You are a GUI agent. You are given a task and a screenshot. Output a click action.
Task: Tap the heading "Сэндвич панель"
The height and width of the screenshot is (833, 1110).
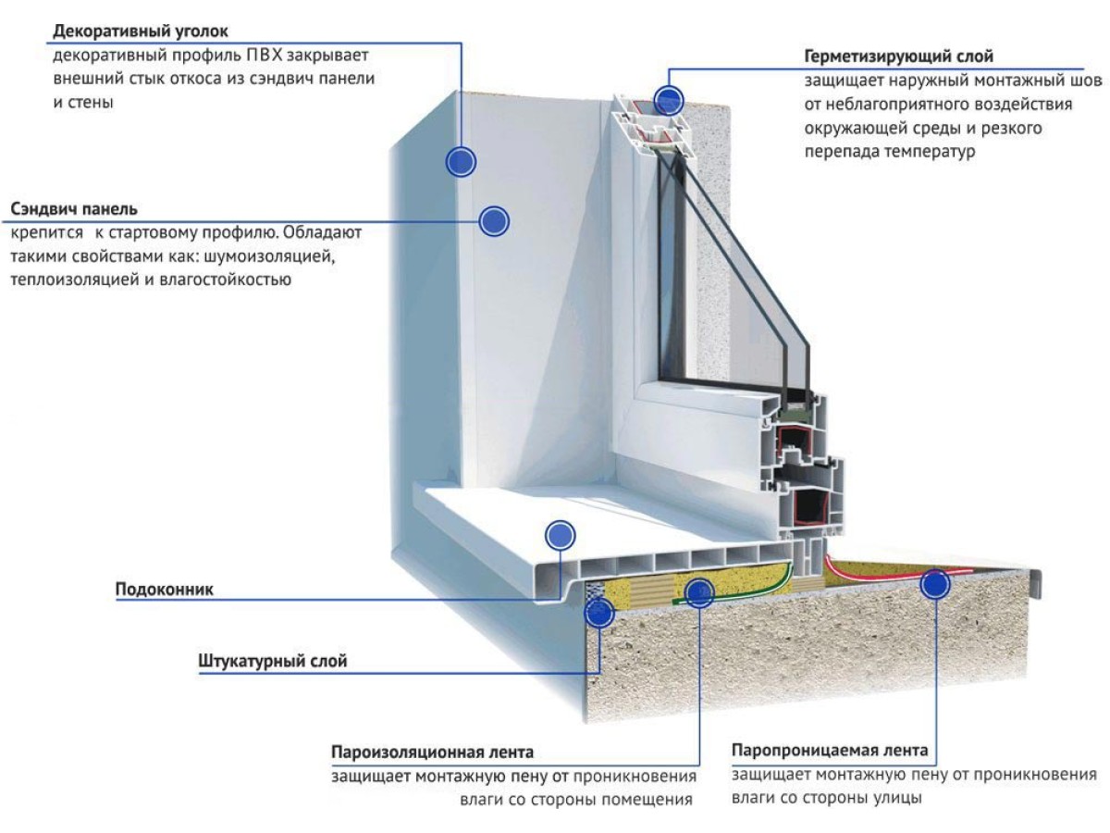tap(75, 208)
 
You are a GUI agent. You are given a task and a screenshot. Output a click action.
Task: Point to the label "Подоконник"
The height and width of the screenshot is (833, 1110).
tap(165, 589)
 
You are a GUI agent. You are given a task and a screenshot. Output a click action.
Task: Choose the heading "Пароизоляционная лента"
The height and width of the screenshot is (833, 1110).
tap(432, 752)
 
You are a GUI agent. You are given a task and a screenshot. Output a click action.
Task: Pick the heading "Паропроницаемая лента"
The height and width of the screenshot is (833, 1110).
tap(829, 750)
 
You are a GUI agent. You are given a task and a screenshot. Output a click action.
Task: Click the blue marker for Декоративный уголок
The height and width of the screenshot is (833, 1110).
tap(461, 162)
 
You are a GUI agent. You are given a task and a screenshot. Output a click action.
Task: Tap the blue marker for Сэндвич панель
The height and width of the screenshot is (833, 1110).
tap(494, 220)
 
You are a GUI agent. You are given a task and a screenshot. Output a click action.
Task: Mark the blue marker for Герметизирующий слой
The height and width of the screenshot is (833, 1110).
tap(667, 99)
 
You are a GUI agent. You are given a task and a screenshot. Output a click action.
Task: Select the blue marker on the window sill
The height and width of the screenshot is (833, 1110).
tap(560, 534)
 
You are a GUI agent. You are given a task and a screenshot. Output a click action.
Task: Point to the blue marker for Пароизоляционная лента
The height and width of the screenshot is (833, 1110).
tap(699, 591)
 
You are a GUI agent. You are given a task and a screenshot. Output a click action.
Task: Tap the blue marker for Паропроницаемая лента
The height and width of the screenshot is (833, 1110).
tap(935, 584)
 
